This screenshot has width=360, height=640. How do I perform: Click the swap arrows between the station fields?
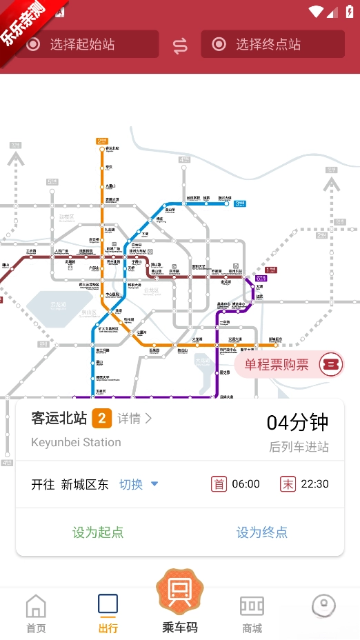[x=180, y=46]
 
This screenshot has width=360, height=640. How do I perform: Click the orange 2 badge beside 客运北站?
[x=102, y=418]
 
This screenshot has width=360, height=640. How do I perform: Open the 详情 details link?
[x=134, y=418]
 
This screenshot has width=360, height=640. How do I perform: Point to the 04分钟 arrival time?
[x=297, y=422]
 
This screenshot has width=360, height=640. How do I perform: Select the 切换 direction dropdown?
[x=139, y=484]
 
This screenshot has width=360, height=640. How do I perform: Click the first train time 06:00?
[x=246, y=484]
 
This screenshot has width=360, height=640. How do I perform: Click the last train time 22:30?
[x=314, y=484]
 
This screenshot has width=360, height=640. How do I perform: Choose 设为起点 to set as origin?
[x=98, y=532]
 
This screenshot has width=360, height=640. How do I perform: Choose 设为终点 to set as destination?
[x=262, y=532]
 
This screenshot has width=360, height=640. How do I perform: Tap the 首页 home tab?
[x=36, y=614]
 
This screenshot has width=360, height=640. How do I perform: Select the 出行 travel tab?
[x=108, y=614]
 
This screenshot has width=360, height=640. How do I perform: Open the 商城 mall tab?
[x=252, y=614]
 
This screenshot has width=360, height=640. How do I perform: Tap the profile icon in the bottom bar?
[x=323, y=607]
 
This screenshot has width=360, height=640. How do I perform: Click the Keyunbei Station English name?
[x=76, y=442]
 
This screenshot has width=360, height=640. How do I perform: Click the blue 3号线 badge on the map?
[x=239, y=203]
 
